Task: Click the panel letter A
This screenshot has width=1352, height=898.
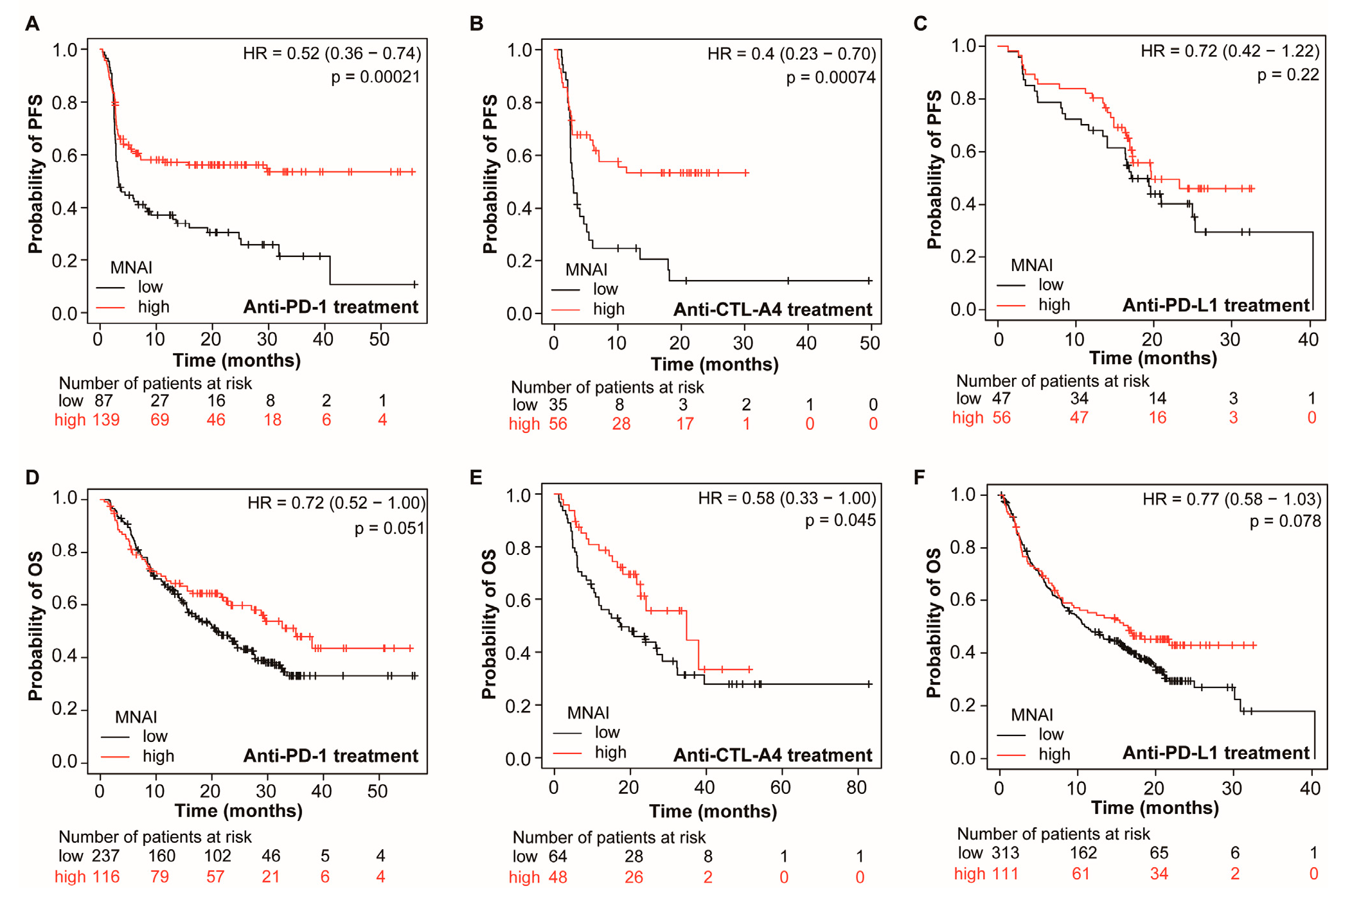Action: pyautogui.click(x=32, y=24)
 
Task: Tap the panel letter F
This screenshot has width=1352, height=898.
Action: pyautogui.click(x=920, y=477)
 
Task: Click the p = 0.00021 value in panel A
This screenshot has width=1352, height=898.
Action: pyautogui.click(x=375, y=78)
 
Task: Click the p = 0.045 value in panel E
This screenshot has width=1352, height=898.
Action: pyautogui.click(x=840, y=520)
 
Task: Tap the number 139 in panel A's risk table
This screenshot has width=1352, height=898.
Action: pyautogui.click(x=106, y=420)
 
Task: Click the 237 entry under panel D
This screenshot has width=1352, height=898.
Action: pyautogui.click(x=106, y=856)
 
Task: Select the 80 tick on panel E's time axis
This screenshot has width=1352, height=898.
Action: pyautogui.click(x=856, y=788)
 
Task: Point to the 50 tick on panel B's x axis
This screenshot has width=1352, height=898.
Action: pyautogui.click(x=870, y=343)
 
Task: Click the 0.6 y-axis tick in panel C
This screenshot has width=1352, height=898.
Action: pyautogui.click(x=963, y=152)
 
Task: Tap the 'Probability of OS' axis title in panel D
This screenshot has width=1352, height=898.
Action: pyautogui.click(x=35, y=626)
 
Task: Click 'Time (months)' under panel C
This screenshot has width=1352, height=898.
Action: pyautogui.click(x=1153, y=358)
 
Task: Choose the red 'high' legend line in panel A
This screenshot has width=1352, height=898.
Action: pyautogui.click(x=111, y=308)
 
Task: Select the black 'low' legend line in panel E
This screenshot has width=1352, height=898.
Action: pyautogui.click(x=567, y=733)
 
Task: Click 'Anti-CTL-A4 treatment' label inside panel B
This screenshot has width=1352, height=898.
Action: pyautogui.click(x=772, y=310)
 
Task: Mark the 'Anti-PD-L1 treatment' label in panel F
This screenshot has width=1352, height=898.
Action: pyautogui.click(x=1216, y=753)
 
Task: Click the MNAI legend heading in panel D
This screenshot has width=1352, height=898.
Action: pyautogui.click(x=136, y=717)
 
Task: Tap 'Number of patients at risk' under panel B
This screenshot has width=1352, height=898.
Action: pyautogui.click(x=607, y=387)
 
